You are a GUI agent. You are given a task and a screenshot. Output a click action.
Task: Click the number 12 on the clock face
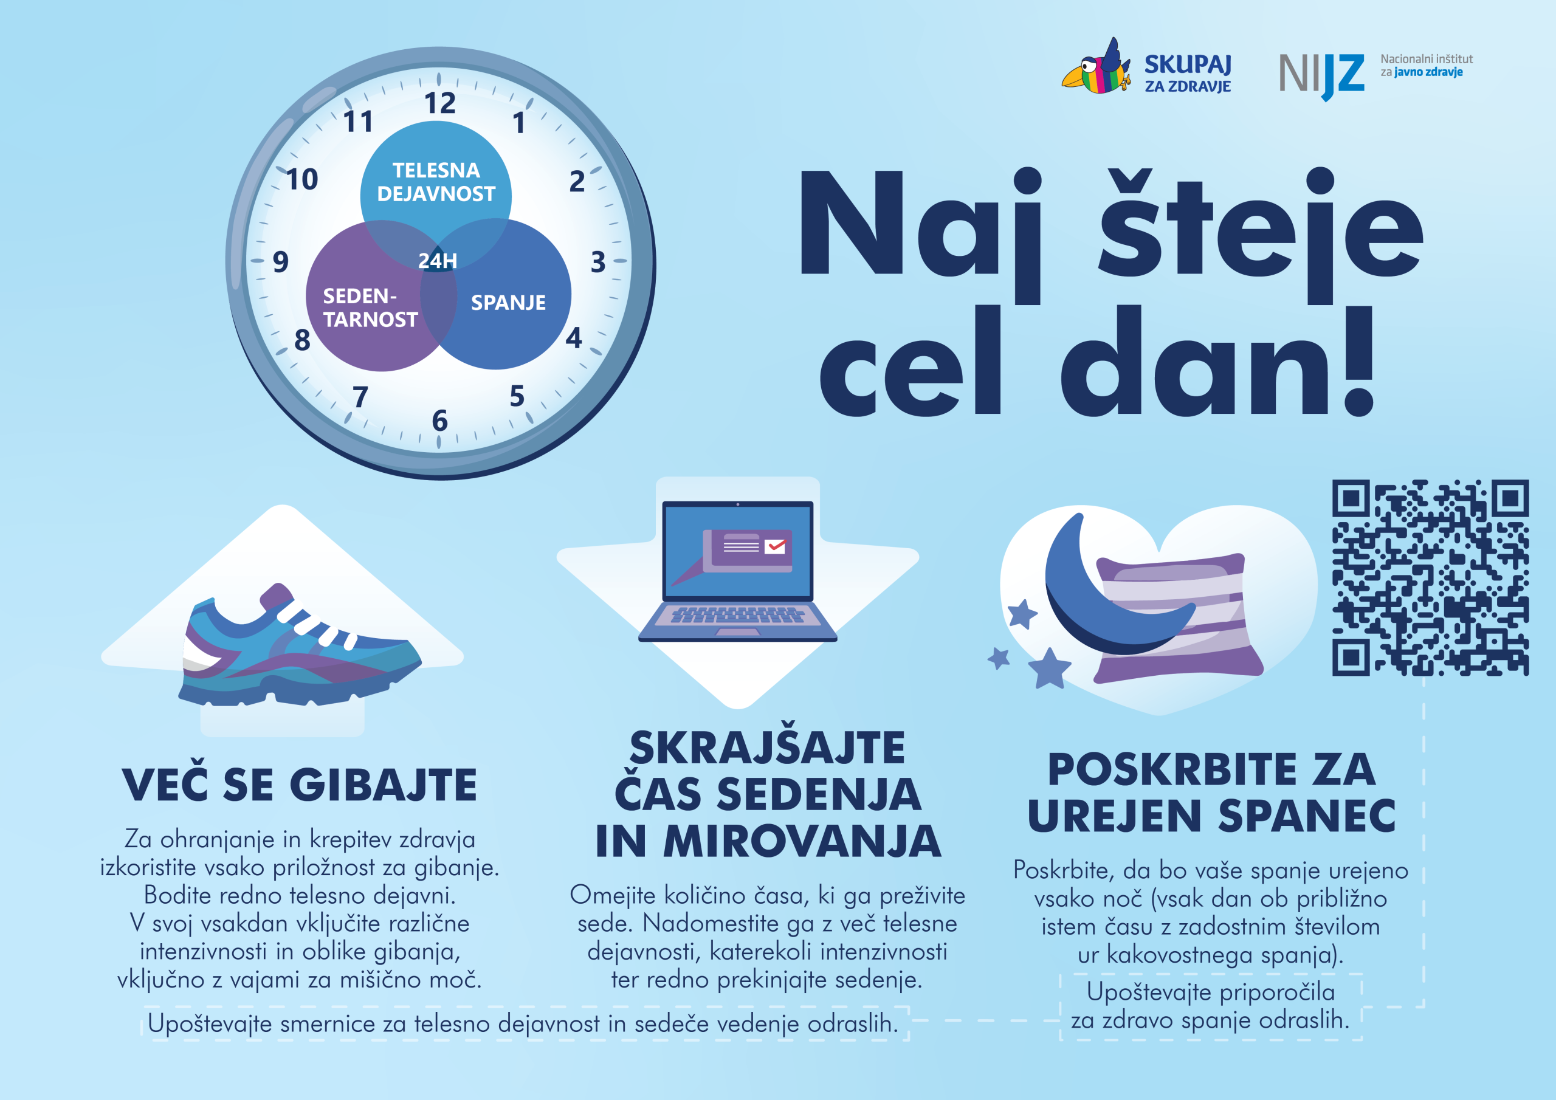tap(440, 104)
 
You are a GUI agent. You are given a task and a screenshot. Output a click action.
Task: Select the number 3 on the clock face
tap(597, 261)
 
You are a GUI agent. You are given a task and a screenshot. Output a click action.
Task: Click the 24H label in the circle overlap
tap(438, 261)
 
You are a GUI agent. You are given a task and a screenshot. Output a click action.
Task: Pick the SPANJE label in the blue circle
tap(508, 302)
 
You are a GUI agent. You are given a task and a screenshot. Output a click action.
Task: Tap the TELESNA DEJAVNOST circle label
tap(436, 182)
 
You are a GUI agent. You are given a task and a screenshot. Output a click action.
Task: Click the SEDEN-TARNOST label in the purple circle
tap(370, 308)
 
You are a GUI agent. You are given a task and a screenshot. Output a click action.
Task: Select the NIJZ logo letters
tap(1321, 75)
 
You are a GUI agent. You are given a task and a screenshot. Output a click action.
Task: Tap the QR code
tap(1431, 578)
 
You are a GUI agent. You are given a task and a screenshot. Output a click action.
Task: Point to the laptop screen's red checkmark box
tap(774, 546)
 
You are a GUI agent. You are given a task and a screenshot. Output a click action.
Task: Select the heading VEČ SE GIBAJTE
tap(300, 785)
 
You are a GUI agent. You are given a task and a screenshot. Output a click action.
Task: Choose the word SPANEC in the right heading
tap(1307, 816)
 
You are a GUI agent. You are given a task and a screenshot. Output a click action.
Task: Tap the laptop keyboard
tap(738, 615)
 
